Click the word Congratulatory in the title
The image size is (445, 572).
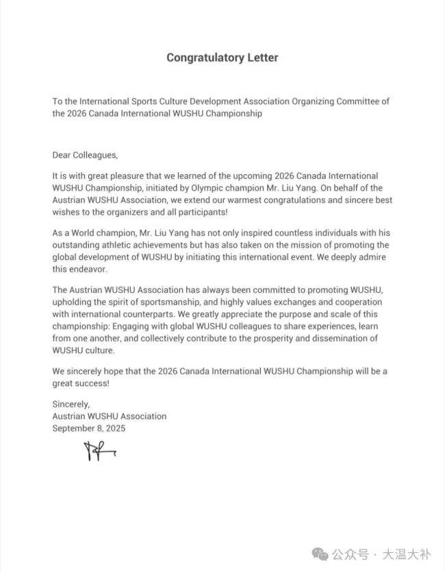203,58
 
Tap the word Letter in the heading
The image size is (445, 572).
262,58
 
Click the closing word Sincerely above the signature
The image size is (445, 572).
71,405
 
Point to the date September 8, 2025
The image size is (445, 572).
89,428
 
